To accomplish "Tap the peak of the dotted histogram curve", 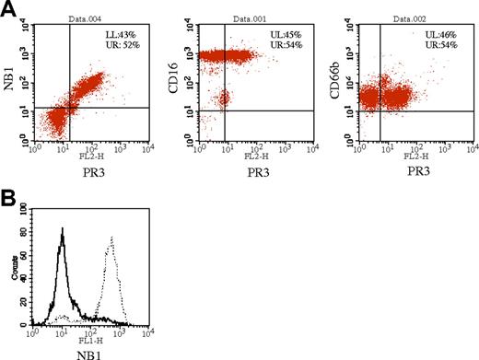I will click(111, 238).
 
